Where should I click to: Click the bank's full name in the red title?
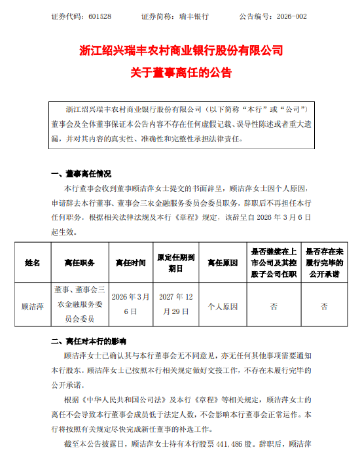(x=180, y=50)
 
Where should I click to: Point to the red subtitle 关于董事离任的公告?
(x=180, y=72)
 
